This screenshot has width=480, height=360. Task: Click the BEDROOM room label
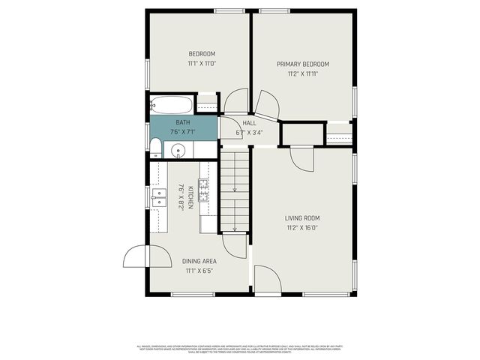pos(202,54)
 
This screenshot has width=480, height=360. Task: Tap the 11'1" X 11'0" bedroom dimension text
pos(202,64)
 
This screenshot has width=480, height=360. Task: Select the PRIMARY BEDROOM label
pos(303,64)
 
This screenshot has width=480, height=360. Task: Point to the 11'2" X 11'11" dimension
pos(303,74)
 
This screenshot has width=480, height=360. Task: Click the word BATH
pos(182,122)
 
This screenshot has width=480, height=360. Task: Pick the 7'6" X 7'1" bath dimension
pos(182,132)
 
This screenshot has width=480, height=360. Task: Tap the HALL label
pos(249,123)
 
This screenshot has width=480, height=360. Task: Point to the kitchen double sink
pos(160,197)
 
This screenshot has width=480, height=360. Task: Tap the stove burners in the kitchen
pos(204,186)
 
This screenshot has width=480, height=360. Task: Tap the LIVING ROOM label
pos(302,218)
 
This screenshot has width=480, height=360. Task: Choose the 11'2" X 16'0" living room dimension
pos(302,228)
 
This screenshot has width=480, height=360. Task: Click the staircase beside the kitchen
pos(235,191)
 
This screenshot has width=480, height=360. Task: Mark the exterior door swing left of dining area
pos(136,257)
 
